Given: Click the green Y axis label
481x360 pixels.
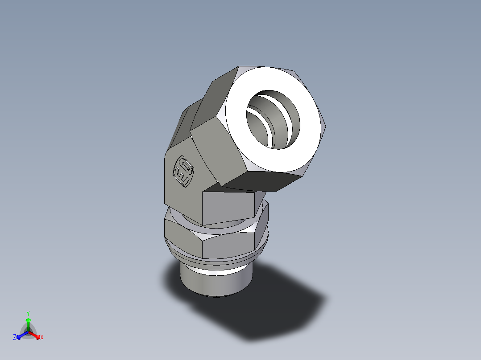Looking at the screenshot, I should tap(28, 313).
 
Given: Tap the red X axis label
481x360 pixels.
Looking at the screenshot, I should tap(42, 338).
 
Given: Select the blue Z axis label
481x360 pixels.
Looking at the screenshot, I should tap(15, 338).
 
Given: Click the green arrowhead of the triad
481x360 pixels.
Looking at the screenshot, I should tap(28, 320).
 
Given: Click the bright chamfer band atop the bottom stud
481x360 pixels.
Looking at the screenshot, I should tap(216, 269).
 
